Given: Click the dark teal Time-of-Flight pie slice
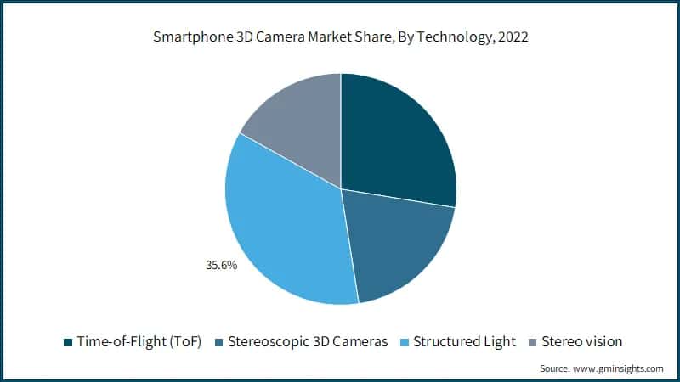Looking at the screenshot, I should point(395,136).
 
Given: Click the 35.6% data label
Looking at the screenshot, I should point(221,265).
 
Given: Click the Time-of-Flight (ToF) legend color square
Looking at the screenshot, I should point(67,342).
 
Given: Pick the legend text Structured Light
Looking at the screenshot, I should point(465,341).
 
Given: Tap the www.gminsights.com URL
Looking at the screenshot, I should point(620,368).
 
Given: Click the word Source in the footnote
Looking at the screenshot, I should point(557,368).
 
